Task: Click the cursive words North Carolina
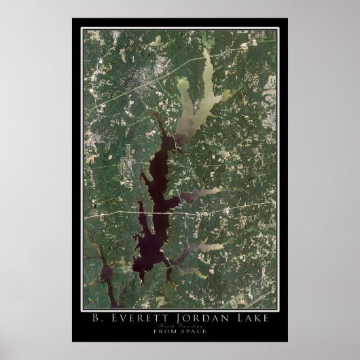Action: coord(180,327)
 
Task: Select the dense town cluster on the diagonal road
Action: coord(146,75)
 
